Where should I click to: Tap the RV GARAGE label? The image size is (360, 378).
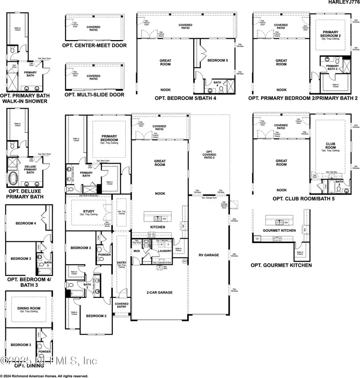click(209, 255)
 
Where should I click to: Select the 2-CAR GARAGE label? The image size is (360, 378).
click(159, 292)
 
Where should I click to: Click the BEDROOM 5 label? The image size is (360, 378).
click(218, 60)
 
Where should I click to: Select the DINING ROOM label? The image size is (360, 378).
click(27, 309)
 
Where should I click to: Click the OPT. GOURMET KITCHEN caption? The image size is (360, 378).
click(281, 265)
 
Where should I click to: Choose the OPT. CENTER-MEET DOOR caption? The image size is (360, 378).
click(94, 45)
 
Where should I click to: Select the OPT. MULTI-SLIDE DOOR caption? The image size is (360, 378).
click(94, 95)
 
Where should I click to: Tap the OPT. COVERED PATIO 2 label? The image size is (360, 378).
click(209, 157)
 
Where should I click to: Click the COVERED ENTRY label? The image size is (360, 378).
click(122, 306)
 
